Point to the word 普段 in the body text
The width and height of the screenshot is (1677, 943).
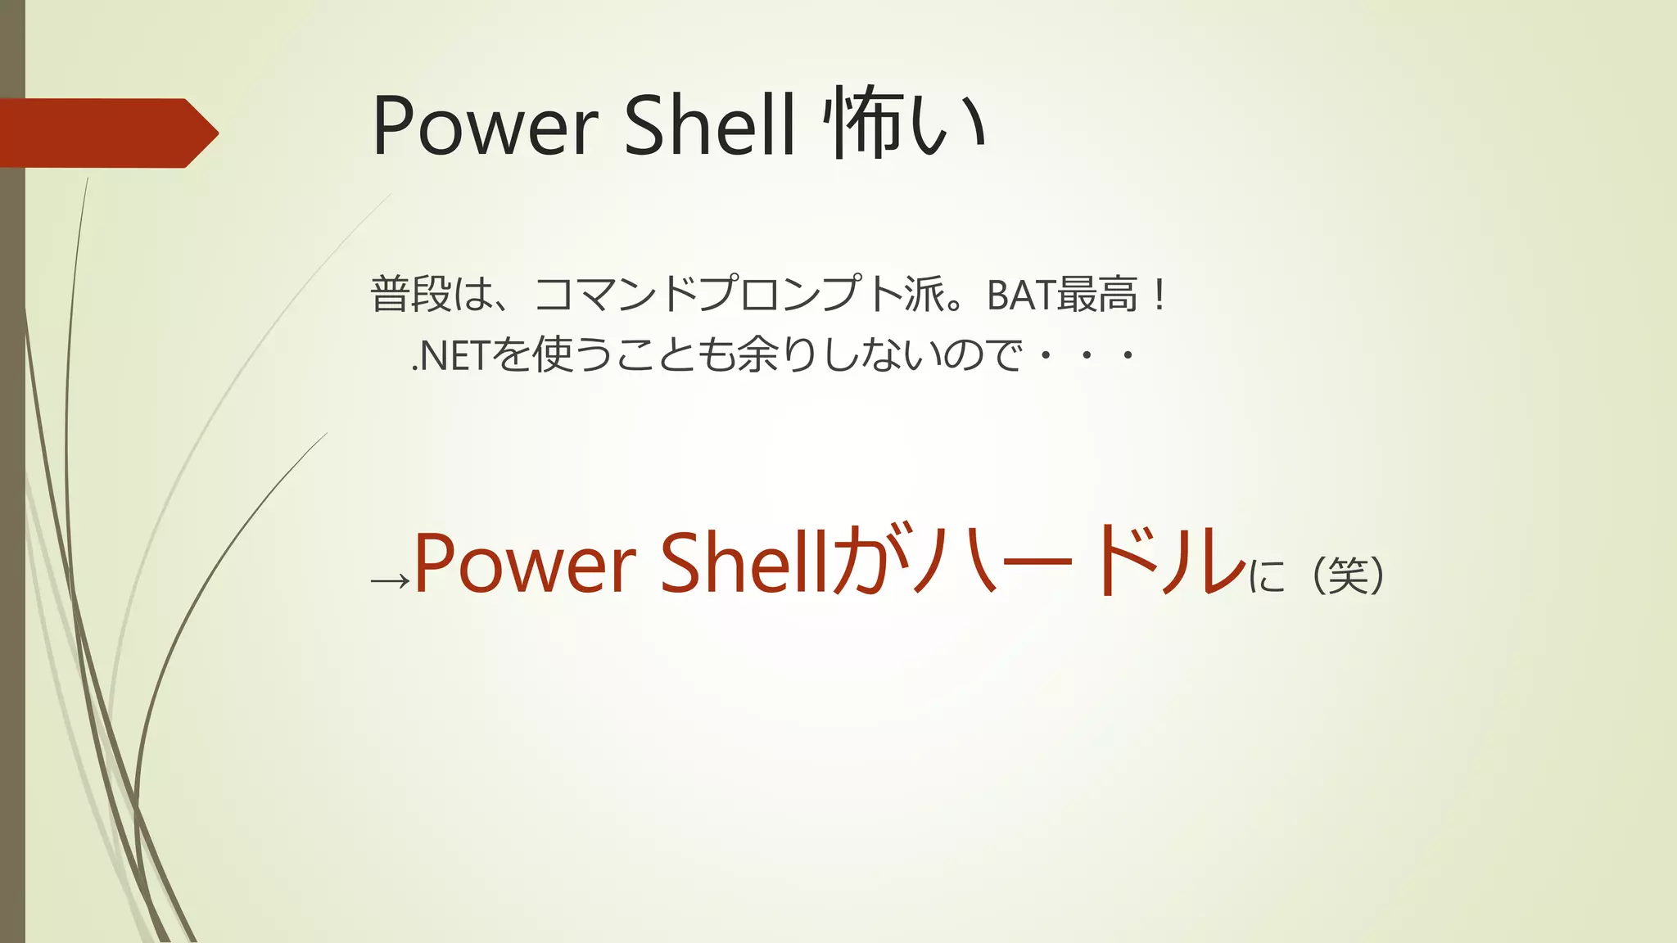click(411, 295)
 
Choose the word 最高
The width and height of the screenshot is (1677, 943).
click(1097, 295)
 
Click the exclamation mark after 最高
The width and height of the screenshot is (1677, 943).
click(1158, 295)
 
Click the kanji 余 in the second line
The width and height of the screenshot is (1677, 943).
click(756, 356)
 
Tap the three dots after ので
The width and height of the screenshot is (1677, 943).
click(1086, 356)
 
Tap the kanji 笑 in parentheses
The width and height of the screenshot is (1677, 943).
click(1348, 575)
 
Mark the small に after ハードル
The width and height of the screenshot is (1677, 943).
click(1267, 577)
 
